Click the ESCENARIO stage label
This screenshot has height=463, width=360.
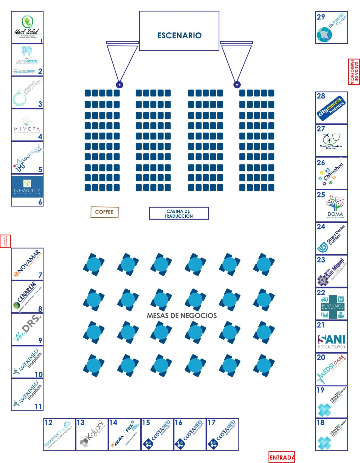pyautogui.click(x=179, y=35)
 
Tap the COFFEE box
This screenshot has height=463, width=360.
pyautogui.click(x=104, y=212)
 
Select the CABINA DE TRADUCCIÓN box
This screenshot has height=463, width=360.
pyautogui.click(x=179, y=214)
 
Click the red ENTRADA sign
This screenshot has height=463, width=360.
pyautogui.click(x=282, y=457)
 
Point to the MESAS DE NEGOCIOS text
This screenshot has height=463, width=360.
pyautogui.click(x=182, y=315)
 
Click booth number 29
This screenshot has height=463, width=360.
pyautogui.click(x=321, y=17)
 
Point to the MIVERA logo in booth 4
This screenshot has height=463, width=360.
pyautogui.click(x=27, y=126)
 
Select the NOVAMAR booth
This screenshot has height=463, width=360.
pyautogui.click(x=27, y=264)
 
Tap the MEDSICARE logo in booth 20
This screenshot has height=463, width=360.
pyautogui.click(x=332, y=370)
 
